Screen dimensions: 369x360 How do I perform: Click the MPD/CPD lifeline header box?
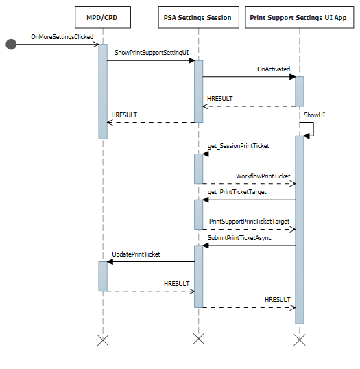click(103, 17)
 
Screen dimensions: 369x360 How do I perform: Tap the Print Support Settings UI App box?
click(300, 17)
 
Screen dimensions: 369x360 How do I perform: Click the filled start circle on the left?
click(11, 45)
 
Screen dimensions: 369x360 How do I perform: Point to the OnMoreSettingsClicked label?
click(53, 35)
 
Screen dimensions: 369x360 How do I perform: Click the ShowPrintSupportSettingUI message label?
click(147, 52)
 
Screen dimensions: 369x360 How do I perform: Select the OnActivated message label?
click(274, 69)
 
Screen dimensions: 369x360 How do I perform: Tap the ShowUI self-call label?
click(315, 115)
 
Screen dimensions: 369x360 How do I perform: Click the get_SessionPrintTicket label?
click(238, 146)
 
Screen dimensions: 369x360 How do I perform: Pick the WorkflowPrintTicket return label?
click(263, 176)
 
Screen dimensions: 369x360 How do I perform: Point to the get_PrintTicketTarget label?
click(237, 192)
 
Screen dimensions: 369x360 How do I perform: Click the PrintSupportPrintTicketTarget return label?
click(249, 222)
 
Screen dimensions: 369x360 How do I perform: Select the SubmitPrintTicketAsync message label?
click(240, 237)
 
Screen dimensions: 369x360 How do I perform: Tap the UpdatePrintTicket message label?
click(136, 254)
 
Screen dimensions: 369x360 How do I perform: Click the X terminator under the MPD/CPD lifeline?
click(103, 340)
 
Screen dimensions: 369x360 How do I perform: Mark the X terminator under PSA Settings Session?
click(198, 340)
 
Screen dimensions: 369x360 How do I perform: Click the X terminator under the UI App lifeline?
click(300, 340)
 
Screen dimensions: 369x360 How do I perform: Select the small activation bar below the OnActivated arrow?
click(300, 91)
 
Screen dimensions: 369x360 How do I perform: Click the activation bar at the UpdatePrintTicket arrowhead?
click(103, 276)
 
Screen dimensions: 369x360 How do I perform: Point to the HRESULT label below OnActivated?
click(219, 99)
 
